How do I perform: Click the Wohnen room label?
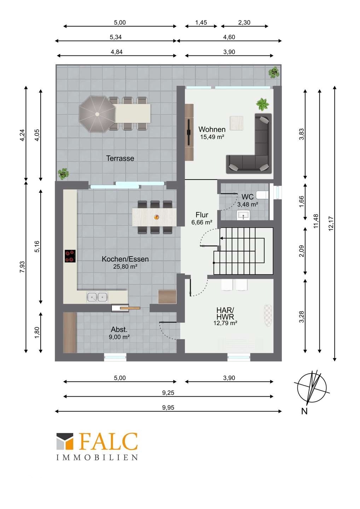(x=212, y=129)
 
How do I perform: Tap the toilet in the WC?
(x=262, y=195)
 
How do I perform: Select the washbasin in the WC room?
(x=243, y=215)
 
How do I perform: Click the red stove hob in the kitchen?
(x=70, y=256)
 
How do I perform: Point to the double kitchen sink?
(x=97, y=297)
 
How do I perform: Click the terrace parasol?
(x=97, y=114)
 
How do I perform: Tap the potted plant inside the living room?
(x=262, y=104)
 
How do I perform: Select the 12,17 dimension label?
(x=331, y=224)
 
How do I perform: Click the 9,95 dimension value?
(x=168, y=408)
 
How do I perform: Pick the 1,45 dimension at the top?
(x=201, y=23)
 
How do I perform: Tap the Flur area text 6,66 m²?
(x=202, y=222)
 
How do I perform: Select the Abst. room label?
(x=119, y=329)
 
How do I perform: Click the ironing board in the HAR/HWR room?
(x=268, y=316)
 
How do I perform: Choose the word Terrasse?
(x=120, y=158)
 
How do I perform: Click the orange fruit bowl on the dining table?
(x=157, y=217)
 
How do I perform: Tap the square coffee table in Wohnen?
(x=236, y=123)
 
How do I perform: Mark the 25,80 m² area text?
(x=125, y=266)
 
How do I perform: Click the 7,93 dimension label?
(x=22, y=267)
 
